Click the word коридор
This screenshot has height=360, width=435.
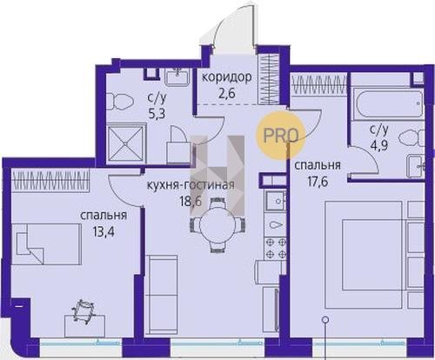pyautogui.click(x=226, y=78)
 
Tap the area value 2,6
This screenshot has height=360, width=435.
pyautogui.click(x=227, y=94)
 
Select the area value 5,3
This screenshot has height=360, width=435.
pyautogui.click(x=156, y=114)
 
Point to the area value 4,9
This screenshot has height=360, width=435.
pyautogui.click(x=379, y=143)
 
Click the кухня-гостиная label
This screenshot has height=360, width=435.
pyautogui.click(x=191, y=185)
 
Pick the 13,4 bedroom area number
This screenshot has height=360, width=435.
pyautogui.click(x=104, y=231)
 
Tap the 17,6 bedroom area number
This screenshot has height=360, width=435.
pyautogui.click(x=318, y=183)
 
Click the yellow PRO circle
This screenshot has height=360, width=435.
pyautogui.click(x=280, y=136)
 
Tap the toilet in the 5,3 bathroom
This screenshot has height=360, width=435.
pyautogui.click(x=119, y=102)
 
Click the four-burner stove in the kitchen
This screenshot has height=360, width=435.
pyautogui.click(x=276, y=248)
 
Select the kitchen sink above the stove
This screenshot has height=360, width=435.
pyautogui.click(x=277, y=201)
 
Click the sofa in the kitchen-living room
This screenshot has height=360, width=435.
pyautogui.click(x=161, y=295)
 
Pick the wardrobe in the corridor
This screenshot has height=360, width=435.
pyautogui.click(x=268, y=80)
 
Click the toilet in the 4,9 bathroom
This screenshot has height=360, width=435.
pyautogui.click(x=412, y=137)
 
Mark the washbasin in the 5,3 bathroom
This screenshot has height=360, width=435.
pyautogui.click(x=177, y=77)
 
